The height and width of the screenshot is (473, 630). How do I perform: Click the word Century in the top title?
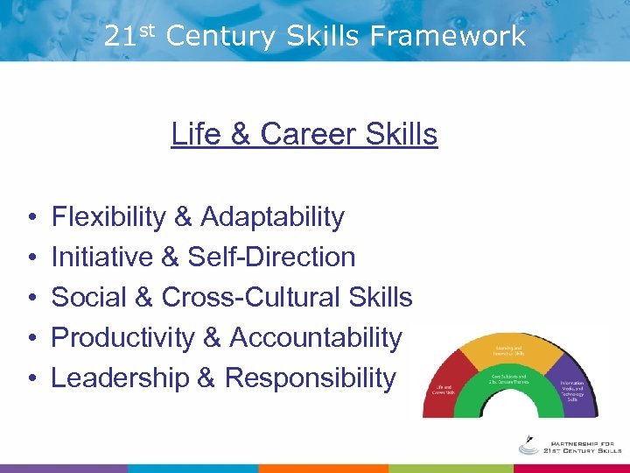click(x=220, y=36)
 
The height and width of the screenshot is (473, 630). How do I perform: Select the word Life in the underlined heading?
click(x=196, y=134)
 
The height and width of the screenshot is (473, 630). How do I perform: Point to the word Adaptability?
click(x=272, y=216)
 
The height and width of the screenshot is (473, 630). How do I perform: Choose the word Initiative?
click(x=103, y=257)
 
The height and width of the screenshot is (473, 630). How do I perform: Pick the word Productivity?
click(x=123, y=337)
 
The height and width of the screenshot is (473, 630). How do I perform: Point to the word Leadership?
click(x=121, y=378)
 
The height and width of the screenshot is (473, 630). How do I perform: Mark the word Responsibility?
click(x=311, y=378)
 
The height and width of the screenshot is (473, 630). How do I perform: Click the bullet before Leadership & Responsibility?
click(x=31, y=378)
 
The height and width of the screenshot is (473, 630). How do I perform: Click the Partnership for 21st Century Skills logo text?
click(x=574, y=445)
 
